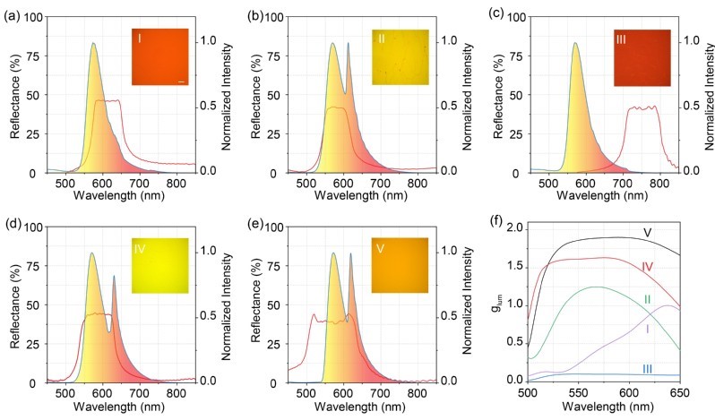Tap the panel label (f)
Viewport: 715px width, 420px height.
pos(501,218)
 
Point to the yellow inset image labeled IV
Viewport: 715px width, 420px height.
pos(161,266)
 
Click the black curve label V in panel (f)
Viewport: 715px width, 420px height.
pos(646,233)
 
